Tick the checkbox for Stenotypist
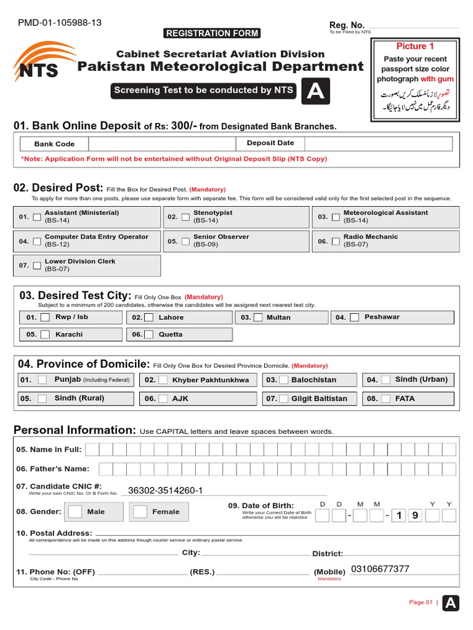click(185, 217)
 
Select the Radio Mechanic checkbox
click(336, 241)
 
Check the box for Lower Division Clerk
click(37, 266)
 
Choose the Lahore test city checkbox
click(148, 317)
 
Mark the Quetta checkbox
click(148, 335)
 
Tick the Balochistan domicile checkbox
click(284, 380)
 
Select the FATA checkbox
click(386, 399)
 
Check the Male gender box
click(75, 511)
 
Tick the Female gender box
click(140, 511)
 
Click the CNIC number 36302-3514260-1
click(165, 490)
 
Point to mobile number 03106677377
click(379, 569)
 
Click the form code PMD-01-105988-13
click(60, 23)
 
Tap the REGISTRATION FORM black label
click(212, 33)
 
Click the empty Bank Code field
click(163, 143)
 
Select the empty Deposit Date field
click(378, 143)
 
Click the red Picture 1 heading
click(414, 46)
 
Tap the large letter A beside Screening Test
click(315, 91)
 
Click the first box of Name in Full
click(91, 449)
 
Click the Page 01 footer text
click(421, 602)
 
